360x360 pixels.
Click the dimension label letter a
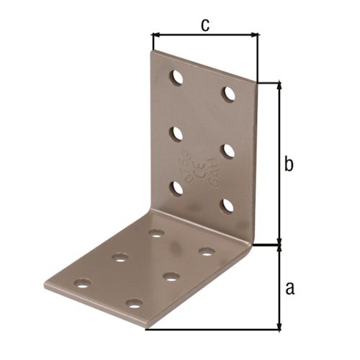point(289,288)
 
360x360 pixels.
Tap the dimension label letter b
point(289,164)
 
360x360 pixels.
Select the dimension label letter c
point(205,25)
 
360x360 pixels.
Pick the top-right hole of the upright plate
point(230,94)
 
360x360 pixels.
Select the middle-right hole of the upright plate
point(228,150)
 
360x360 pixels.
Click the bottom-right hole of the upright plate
point(228,205)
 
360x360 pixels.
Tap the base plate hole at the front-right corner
point(133,302)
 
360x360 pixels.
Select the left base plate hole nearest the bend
point(156,233)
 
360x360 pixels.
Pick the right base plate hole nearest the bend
point(207,251)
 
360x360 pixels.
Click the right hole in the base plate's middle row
point(171,276)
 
